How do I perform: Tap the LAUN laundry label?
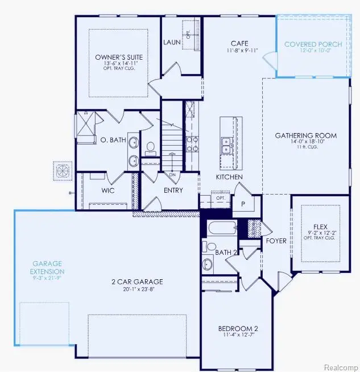coord(171,42)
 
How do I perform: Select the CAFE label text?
coord(238,43)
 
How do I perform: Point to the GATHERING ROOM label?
coord(305,135)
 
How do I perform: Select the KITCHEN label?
coord(229,177)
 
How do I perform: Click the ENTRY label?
coord(173,190)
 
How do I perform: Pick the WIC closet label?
coord(108,190)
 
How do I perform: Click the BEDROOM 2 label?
coord(238,329)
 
